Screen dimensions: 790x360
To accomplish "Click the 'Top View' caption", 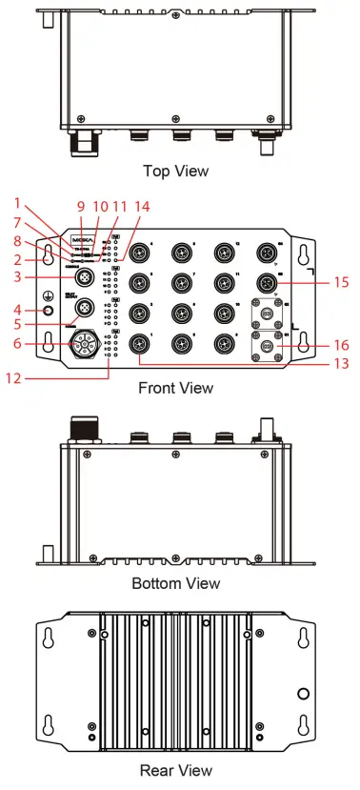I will (175, 172).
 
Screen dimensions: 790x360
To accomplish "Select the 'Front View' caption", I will (175, 388).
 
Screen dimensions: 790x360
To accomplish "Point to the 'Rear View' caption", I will (175, 770).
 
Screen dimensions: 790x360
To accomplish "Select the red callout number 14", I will (142, 206).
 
